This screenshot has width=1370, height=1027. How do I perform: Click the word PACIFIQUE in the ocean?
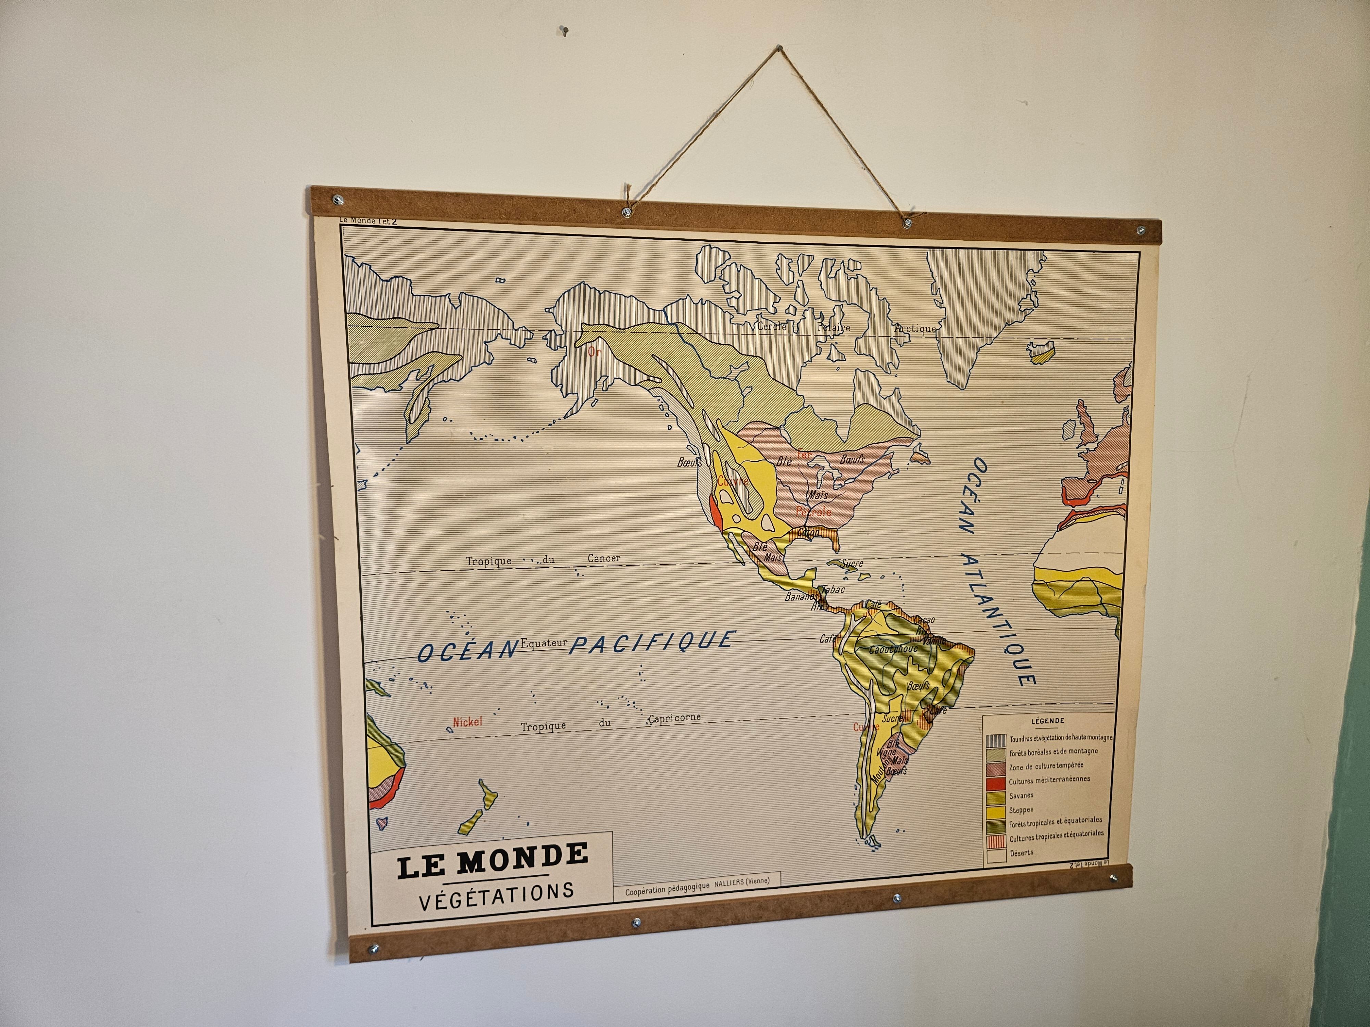tap(653, 642)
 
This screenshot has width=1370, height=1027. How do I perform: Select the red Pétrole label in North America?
tap(813, 512)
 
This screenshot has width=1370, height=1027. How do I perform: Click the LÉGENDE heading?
tap(1048, 721)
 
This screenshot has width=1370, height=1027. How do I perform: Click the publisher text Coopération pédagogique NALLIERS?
tap(697, 892)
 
